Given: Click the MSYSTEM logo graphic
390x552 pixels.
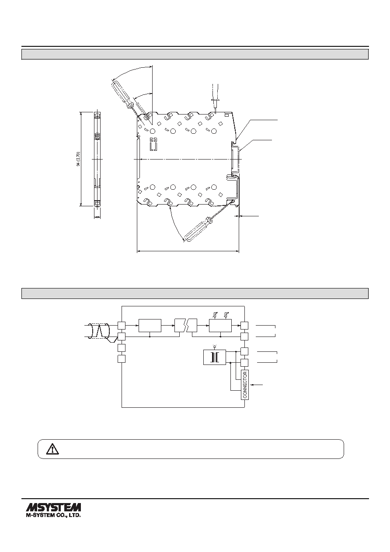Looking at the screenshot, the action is pyautogui.click(x=53, y=507).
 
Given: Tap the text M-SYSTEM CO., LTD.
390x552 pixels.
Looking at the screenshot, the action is pyautogui.click(x=53, y=515).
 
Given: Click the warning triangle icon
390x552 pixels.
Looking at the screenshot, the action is pyautogui.click(x=52, y=449).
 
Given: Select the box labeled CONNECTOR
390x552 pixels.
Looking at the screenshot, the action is pyautogui.click(x=245, y=385).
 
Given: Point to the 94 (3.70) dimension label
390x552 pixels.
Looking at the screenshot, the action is pyautogui.click(x=78, y=159).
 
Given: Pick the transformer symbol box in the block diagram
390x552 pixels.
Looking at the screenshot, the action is pyautogui.click(x=215, y=357).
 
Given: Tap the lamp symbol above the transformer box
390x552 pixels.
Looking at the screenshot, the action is pyautogui.click(x=215, y=347).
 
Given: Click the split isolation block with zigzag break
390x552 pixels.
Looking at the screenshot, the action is pyautogui.click(x=186, y=325).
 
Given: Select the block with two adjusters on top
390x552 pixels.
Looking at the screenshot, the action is pyautogui.click(x=220, y=326).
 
